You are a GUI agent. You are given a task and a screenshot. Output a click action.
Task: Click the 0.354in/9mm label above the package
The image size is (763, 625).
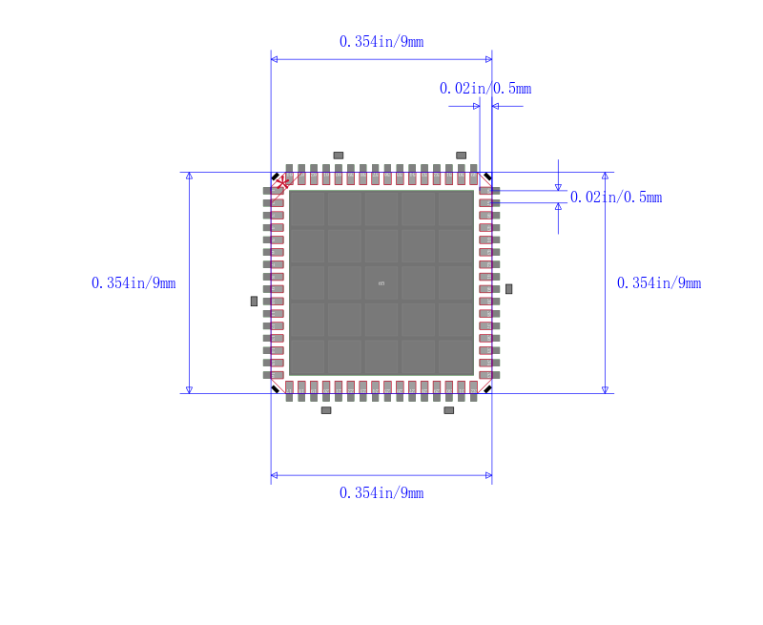coord(381,41)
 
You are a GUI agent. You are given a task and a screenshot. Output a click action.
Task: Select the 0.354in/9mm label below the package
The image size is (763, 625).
coord(381,492)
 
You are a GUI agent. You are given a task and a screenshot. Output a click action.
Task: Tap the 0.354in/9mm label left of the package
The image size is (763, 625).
coord(134,283)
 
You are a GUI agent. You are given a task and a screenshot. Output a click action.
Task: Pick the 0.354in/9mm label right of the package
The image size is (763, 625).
coord(659,283)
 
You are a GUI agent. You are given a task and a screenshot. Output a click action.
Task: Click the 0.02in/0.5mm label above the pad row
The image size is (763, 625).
coord(485,89)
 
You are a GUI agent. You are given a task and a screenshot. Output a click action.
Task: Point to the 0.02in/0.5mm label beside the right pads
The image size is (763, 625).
coord(616,198)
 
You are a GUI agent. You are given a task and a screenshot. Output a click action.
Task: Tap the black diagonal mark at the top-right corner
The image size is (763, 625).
coord(487,177)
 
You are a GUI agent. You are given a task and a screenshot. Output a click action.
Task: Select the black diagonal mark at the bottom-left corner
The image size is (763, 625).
coord(276,388)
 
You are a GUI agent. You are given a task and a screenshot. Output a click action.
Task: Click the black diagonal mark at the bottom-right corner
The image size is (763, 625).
coord(487,388)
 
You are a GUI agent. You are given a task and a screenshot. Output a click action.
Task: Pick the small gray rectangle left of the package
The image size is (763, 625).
coord(254,301)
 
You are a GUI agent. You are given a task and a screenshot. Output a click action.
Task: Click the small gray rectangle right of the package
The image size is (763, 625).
coord(508,288)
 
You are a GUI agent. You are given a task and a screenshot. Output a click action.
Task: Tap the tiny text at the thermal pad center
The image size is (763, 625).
coord(381,283)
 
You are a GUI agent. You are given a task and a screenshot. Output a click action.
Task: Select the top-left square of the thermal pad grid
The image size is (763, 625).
coord(307,209)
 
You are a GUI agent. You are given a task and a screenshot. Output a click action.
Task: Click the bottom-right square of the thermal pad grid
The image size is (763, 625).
coord(455,357)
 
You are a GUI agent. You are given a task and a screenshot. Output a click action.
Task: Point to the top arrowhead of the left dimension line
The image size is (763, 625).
coord(189,177)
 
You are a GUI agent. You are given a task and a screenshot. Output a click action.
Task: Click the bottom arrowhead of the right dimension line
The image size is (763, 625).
coord(605,388)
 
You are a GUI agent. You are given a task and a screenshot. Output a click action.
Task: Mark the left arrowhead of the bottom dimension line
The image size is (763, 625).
coord(275,474)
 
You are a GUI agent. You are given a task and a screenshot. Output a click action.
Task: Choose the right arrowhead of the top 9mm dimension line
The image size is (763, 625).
coord(488,59)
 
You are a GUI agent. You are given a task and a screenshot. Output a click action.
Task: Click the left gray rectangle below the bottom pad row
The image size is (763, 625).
coord(326,410)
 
